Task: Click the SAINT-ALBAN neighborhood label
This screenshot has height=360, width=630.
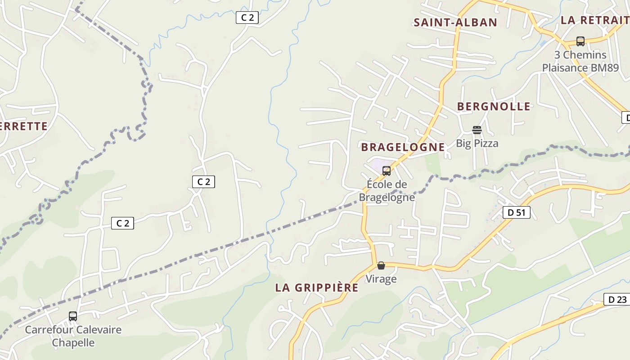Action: point(455,22)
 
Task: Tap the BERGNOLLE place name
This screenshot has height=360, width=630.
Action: point(494,107)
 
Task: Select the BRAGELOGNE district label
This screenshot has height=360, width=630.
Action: point(403,147)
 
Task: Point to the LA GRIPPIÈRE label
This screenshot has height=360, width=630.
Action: point(317,288)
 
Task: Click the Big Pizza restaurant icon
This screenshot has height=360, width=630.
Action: point(477,130)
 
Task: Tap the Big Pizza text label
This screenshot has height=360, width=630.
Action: point(477,144)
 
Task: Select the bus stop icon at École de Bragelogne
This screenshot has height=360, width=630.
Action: point(386,171)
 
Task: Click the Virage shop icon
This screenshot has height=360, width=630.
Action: point(381,266)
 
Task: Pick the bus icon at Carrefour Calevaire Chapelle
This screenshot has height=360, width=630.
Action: point(73,316)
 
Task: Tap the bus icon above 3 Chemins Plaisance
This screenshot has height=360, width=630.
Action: point(580,41)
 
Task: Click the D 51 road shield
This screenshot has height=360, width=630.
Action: point(516,212)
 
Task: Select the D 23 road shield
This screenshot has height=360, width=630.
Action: point(617,299)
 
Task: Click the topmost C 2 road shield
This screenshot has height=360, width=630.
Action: point(247,18)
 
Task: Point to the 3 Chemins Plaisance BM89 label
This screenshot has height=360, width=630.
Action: point(580,62)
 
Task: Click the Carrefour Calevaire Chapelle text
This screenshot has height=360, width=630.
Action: point(73,336)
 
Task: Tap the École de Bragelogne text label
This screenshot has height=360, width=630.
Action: point(387,191)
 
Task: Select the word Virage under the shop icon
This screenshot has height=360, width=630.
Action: point(381,279)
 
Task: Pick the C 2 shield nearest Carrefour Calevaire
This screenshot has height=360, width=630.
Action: point(122,223)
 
